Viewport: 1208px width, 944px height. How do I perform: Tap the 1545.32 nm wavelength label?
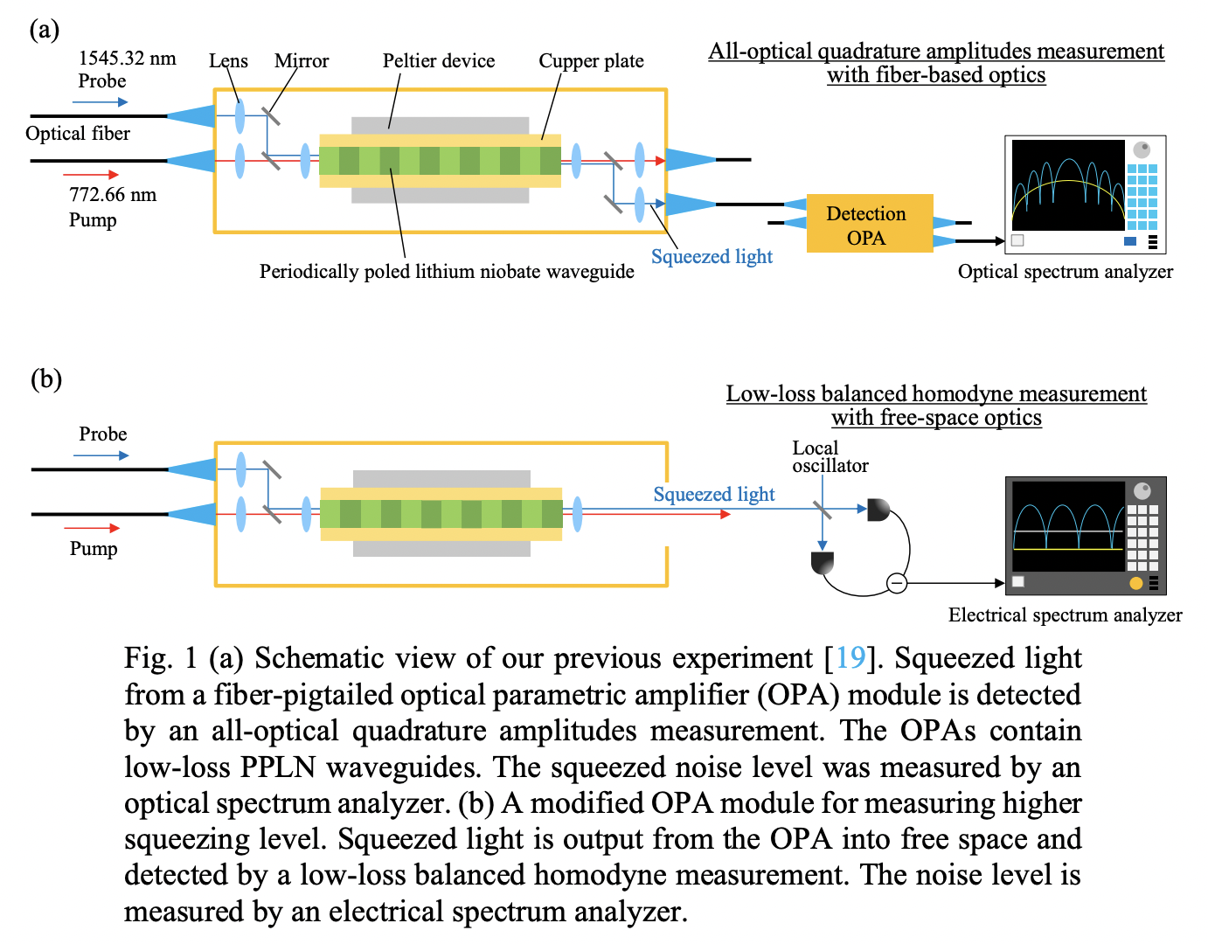point(127,59)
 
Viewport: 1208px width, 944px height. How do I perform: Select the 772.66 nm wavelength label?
point(113,195)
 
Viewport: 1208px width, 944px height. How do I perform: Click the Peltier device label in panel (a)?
point(438,61)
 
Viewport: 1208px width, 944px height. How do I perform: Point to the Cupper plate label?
point(591,61)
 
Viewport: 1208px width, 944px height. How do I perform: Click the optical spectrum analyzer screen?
point(1067,184)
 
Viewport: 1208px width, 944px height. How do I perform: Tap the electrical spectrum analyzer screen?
point(1067,525)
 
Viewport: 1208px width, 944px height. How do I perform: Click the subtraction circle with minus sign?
point(897,582)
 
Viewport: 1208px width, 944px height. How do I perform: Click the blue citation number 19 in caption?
point(850,657)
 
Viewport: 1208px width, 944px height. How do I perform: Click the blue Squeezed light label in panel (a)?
point(712,257)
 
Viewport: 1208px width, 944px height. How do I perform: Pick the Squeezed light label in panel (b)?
point(714,495)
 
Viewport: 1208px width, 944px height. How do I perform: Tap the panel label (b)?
point(46,379)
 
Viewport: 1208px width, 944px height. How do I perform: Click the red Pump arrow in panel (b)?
point(92,528)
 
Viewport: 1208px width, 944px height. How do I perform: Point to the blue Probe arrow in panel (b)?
point(101,455)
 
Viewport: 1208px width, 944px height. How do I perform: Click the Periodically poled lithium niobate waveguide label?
point(447,272)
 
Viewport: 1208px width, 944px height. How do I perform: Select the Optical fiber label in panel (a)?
point(78,134)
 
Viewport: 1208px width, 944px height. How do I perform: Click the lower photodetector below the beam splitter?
point(823,562)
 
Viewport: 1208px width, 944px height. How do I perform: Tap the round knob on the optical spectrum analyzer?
point(1142,149)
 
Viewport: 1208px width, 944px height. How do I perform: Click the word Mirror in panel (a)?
point(302,61)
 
